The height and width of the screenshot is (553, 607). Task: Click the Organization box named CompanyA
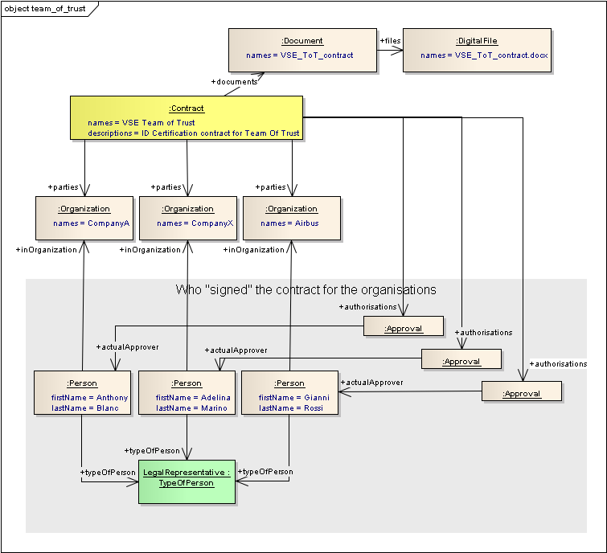coord(84,217)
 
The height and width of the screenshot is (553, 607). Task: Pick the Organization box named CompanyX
coord(187,217)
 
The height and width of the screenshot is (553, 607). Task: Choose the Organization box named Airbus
coord(291,217)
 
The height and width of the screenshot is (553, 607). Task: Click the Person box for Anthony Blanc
coord(82,392)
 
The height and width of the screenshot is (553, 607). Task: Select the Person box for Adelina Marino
coord(187,392)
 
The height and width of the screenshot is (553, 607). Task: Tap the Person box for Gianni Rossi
coord(289,392)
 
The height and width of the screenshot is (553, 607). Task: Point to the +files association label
coord(390,39)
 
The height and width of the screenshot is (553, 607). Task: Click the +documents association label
coord(234,82)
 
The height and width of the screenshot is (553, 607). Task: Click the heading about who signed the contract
coord(306,289)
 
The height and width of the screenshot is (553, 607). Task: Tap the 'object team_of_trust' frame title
coord(47,9)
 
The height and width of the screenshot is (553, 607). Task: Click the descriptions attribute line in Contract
coord(194,133)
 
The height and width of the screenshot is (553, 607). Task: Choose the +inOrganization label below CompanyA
coord(46,250)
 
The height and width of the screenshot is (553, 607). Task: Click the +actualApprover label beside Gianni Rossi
coord(371,383)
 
